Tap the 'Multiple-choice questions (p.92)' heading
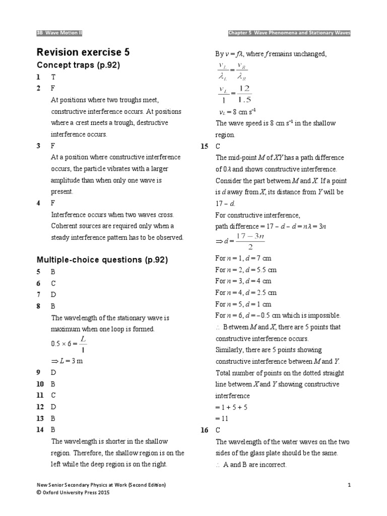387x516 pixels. pyautogui.click(x=102, y=260)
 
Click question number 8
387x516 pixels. pyautogui.click(x=38, y=306)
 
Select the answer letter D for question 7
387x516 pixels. pyautogui.click(x=53, y=294)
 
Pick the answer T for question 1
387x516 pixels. pyautogui.click(x=53, y=77)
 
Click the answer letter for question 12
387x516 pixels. pyautogui.click(x=53, y=407)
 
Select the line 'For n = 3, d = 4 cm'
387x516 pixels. pyautogui.click(x=243, y=281)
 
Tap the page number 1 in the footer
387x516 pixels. pyautogui.click(x=349, y=485)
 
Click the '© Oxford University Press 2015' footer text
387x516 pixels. pyautogui.click(x=73, y=492)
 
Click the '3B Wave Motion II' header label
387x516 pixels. pyautogui.click(x=59, y=33)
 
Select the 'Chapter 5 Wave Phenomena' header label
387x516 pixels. pyautogui.click(x=289, y=33)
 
